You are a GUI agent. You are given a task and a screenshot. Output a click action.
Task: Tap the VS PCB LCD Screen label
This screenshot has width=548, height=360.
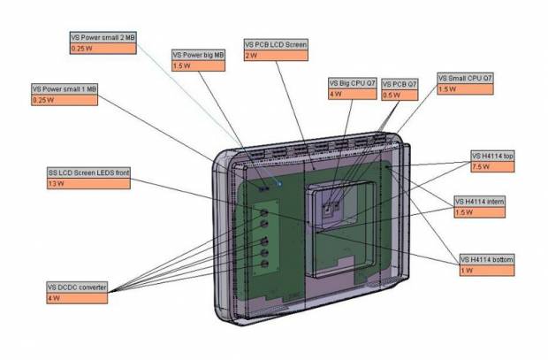(277, 44)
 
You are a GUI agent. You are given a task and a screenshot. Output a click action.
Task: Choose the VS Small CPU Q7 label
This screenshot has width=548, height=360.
(465, 79)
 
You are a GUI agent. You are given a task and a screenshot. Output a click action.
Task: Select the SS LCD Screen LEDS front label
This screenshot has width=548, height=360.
(88, 172)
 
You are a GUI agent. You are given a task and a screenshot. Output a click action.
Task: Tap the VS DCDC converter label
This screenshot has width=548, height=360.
(77, 287)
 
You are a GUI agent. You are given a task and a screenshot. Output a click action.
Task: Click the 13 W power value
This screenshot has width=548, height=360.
(88, 183)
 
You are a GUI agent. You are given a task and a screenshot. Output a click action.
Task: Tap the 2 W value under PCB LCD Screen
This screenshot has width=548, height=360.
(277, 55)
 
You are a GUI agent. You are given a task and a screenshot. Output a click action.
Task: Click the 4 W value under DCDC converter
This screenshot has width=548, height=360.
(77, 298)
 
